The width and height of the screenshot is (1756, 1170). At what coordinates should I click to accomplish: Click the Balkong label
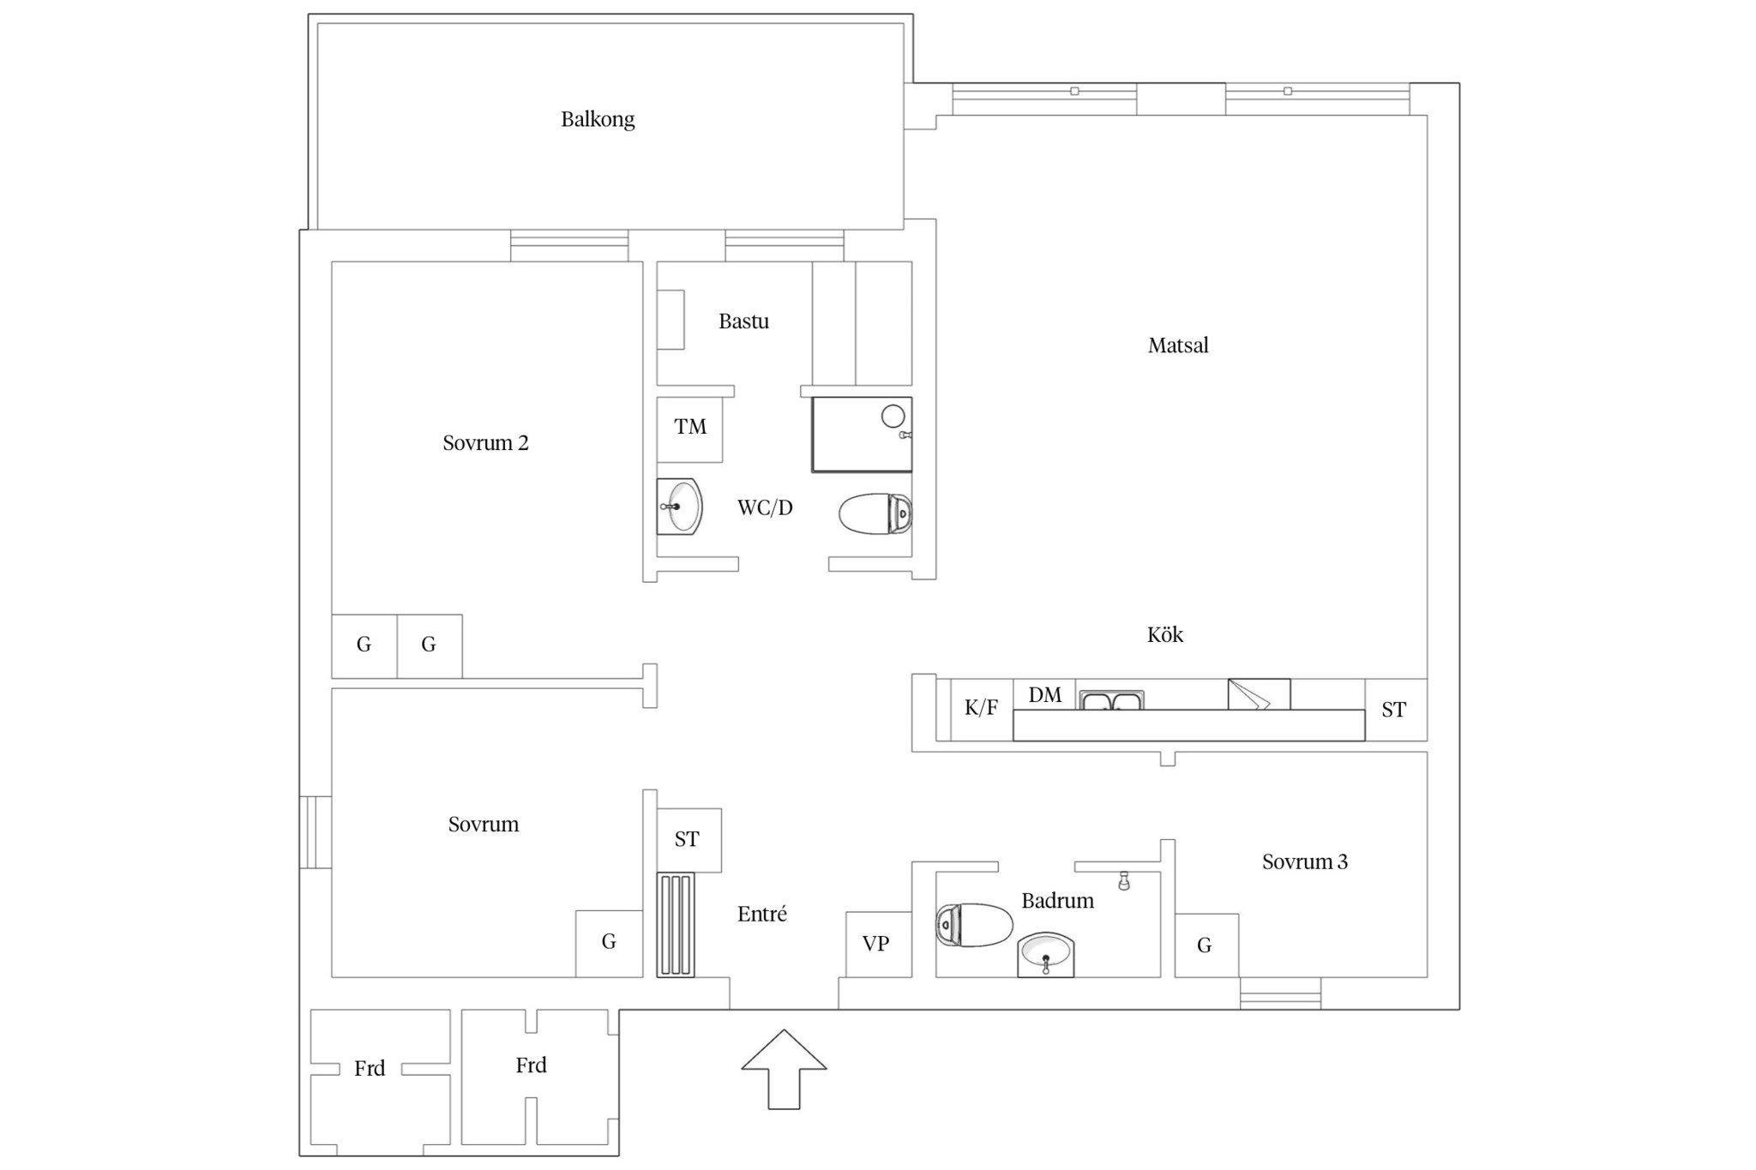(598, 119)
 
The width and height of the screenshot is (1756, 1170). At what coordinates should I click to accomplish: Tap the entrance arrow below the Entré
(784, 1069)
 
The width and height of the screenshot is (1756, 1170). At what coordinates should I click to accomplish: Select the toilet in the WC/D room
(875, 514)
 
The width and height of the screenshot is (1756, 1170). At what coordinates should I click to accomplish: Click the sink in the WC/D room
(680, 507)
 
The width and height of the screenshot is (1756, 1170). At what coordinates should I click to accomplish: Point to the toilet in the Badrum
(974, 925)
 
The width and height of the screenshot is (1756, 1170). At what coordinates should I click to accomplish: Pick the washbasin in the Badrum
(1045, 955)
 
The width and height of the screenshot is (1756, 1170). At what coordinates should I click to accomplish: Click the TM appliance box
(689, 429)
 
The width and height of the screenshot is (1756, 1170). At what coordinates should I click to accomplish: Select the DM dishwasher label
(1044, 695)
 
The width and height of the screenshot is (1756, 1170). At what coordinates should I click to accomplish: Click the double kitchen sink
(1111, 700)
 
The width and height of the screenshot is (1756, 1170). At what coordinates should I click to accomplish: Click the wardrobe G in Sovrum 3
(1206, 945)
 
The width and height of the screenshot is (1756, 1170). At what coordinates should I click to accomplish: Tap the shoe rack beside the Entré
(676, 925)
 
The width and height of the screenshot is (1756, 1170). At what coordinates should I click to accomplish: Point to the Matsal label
(1178, 345)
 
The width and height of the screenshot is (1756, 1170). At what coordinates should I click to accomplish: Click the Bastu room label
(743, 321)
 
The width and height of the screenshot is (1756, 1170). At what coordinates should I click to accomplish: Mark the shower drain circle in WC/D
(893, 417)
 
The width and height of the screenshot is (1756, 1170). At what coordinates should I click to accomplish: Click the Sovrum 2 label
(485, 443)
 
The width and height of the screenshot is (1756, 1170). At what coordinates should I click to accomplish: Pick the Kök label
(1165, 635)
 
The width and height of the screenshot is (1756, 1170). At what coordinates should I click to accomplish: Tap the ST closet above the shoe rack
(689, 840)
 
